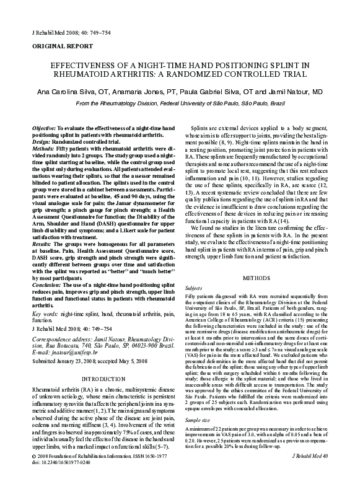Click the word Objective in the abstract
(46, 127)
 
